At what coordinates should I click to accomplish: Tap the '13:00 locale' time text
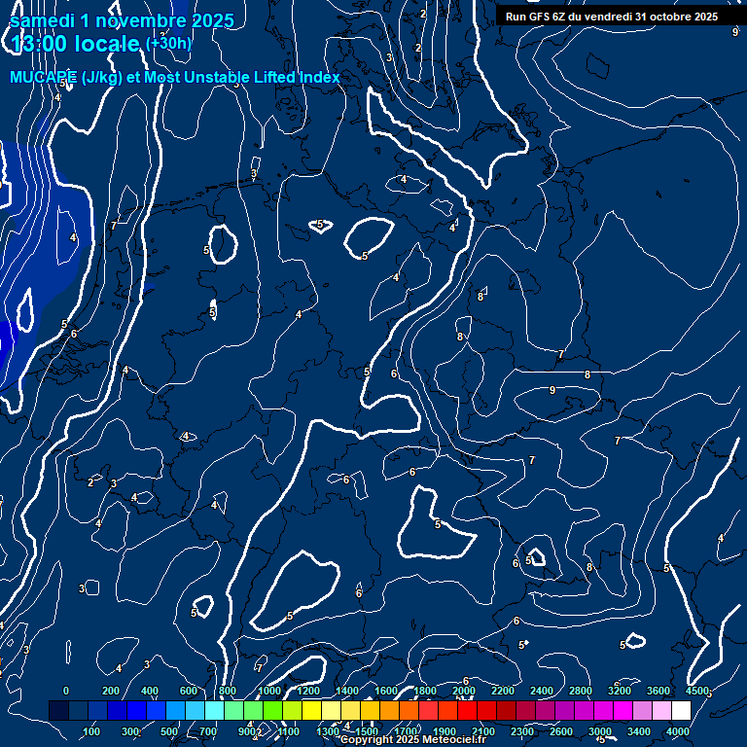pos(76,45)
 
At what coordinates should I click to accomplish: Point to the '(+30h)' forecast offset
pos(168,43)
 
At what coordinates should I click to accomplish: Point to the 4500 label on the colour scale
pos(697,691)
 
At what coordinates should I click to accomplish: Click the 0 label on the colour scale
pos(66,691)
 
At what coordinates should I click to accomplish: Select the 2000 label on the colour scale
pos(464,691)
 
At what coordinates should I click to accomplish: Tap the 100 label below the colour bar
pos(92,731)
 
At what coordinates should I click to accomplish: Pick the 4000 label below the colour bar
pos(678,731)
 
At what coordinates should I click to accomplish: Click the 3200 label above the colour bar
pos(620,691)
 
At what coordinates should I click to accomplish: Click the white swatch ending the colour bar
pos(682,711)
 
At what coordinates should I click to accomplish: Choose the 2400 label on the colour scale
pos(542,691)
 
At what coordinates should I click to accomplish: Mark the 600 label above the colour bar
pos(189,691)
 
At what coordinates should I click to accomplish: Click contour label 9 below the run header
pos(734,32)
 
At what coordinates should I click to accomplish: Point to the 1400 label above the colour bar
pos(347,691)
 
